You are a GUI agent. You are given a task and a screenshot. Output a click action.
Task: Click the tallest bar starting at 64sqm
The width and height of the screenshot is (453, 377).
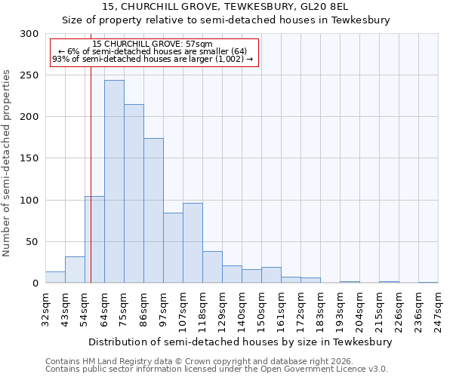coord(114,181)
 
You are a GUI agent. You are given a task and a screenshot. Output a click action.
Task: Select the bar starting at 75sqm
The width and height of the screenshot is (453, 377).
coord(134,193)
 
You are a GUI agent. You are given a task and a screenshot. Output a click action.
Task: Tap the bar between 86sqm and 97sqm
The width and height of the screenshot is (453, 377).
coord(153,210)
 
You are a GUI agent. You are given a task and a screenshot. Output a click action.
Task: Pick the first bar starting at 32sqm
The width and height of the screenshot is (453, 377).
coord(55,277)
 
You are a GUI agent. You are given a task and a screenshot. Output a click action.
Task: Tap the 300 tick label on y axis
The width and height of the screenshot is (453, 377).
coord(29,34)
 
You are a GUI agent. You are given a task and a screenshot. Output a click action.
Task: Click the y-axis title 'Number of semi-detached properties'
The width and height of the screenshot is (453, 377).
coord(8,163)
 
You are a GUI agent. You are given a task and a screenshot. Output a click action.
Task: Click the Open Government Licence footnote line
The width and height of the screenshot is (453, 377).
coord(217,369)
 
